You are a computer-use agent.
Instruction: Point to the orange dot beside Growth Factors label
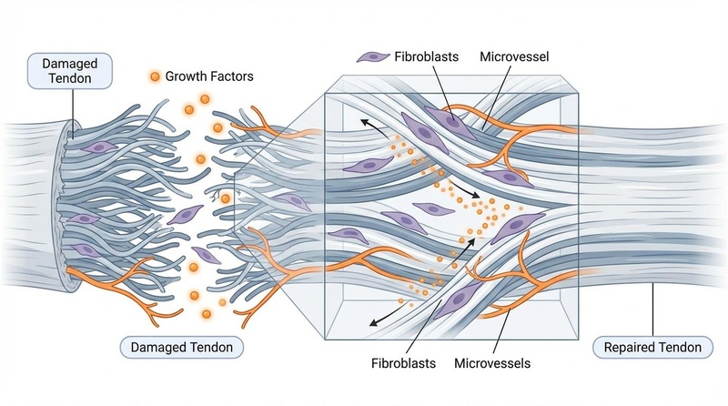tap(156, 77)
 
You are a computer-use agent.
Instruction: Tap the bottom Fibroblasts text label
tap(403, 363)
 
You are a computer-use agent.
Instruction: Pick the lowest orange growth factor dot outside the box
tap(207, 314)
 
